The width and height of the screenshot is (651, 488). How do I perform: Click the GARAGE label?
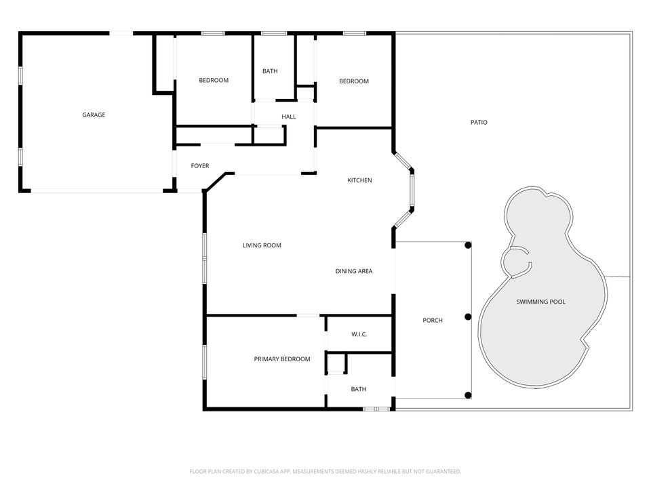[x=94, y=115]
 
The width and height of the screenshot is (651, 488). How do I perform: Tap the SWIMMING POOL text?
[x=540, y=302]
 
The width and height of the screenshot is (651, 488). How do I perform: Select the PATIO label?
[x=479, y=123]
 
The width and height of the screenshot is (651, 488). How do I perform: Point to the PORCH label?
[x=433, y=321]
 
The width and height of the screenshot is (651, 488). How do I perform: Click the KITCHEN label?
[x=359, y=180]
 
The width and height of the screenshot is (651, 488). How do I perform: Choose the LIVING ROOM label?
[x=262, y=245]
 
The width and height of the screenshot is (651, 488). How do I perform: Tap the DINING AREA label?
[x=354, y=271]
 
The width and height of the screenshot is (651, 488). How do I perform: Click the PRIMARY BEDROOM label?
[x=282, y=359]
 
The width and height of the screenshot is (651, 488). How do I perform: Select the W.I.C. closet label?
[x=359, y=335]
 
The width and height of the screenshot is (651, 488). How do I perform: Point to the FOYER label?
[x=199, y=166]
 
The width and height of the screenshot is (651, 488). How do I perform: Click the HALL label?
[x=289, y=117]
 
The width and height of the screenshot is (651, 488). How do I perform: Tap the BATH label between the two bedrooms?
[x=270, y=71]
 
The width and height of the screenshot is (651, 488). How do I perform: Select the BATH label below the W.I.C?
[x=359, y=389]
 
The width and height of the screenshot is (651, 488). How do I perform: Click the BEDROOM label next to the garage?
[x=214, y=81]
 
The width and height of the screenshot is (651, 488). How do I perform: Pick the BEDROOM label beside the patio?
[x=354, y=81]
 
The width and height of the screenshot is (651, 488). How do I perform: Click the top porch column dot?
[x=468, y=245]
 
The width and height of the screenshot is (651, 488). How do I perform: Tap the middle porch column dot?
[x=468, y=317]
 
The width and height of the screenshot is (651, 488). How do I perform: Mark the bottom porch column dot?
[x=468, y=395]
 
